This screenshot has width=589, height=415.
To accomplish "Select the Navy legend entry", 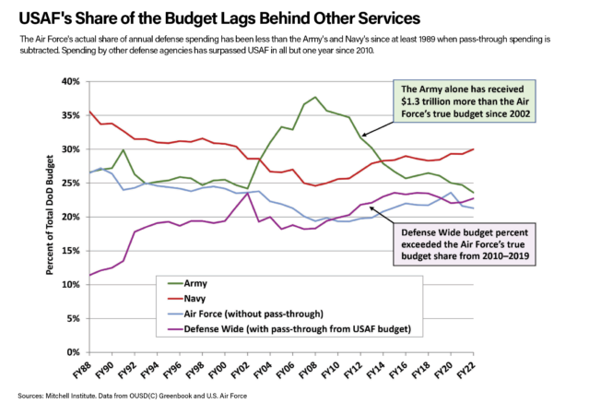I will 194,298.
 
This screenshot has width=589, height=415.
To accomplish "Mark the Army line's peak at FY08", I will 316,97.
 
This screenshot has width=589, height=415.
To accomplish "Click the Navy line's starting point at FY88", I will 89,112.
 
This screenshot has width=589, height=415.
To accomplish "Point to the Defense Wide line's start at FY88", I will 89,275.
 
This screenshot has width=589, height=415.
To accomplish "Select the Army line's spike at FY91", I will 124,149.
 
